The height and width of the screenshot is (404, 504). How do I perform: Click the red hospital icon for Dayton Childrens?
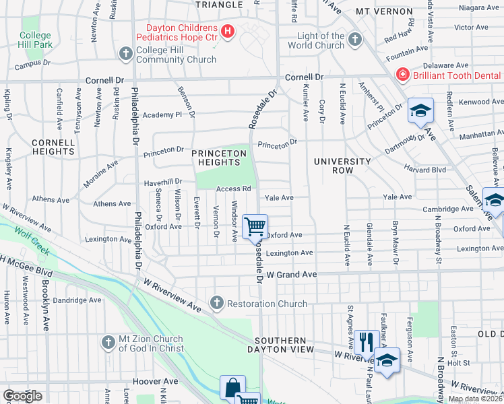coord(228,31)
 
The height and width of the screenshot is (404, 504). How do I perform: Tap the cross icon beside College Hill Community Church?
coord(125,53)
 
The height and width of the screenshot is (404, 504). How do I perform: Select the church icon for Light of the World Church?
coord(355,40)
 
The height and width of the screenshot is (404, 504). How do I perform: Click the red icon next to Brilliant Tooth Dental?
coord(402,75)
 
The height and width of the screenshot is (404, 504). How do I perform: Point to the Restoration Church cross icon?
coord(216,303)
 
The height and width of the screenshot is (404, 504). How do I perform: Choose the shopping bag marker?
coord(232,387)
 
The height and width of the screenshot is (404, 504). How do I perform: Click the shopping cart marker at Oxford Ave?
coord(255,226)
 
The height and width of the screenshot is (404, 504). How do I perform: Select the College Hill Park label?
coord(35,40)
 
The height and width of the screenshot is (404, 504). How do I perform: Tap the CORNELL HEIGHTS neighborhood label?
coord(53,147)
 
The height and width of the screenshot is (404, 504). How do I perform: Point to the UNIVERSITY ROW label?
coord(342,166)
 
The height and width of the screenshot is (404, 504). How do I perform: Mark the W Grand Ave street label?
coord(291,275)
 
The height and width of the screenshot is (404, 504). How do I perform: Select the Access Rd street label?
coord(233,189)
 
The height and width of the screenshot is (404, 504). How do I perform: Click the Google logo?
coord(22,396)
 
